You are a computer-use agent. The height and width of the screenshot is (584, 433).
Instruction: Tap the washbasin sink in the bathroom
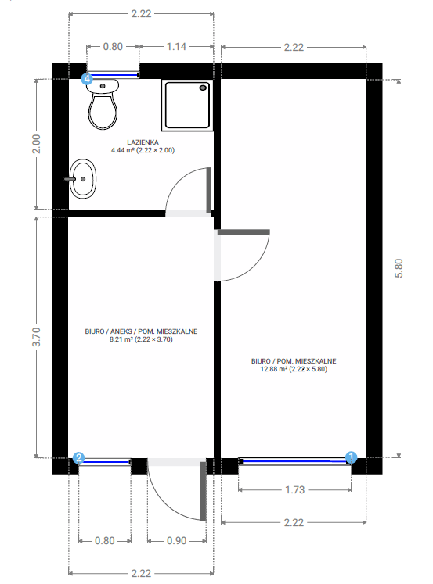point(82,178)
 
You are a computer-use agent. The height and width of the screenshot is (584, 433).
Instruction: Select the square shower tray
point(187,106)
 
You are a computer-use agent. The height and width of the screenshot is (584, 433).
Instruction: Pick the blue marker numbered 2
point(78,459)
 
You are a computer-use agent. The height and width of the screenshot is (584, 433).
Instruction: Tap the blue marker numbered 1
point(351,458)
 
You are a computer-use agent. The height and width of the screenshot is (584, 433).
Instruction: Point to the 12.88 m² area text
point(294,369)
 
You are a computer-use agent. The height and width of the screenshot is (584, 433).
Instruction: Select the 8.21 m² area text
point(141,340)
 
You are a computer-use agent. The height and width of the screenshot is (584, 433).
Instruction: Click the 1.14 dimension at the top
point(177,47)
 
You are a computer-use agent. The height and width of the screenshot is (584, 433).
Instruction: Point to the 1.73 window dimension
point(294,490)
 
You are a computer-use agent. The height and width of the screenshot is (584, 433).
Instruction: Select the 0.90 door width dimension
point(178,540)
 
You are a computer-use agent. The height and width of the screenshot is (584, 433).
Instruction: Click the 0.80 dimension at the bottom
point(104,540)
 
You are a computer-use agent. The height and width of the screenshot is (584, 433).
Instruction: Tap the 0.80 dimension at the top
point(113,47)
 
